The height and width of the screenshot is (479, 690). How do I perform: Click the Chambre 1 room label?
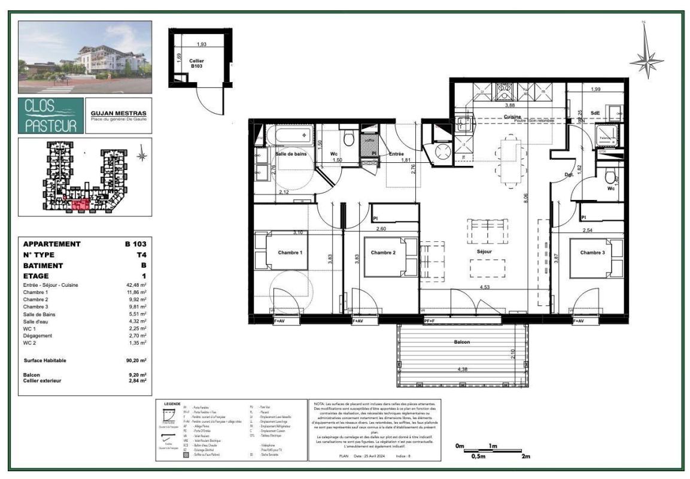290,253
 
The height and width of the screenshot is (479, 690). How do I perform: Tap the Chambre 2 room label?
383,253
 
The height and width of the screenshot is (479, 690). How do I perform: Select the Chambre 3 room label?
592,253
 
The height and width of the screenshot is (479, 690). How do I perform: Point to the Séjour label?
484,252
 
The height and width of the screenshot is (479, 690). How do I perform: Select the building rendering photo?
84,57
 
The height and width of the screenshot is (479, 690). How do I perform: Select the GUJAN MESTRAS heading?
118,113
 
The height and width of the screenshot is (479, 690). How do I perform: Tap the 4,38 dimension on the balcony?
462,369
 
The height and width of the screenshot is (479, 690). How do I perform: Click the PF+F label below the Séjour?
428,322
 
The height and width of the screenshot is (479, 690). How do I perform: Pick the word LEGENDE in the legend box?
171,404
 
